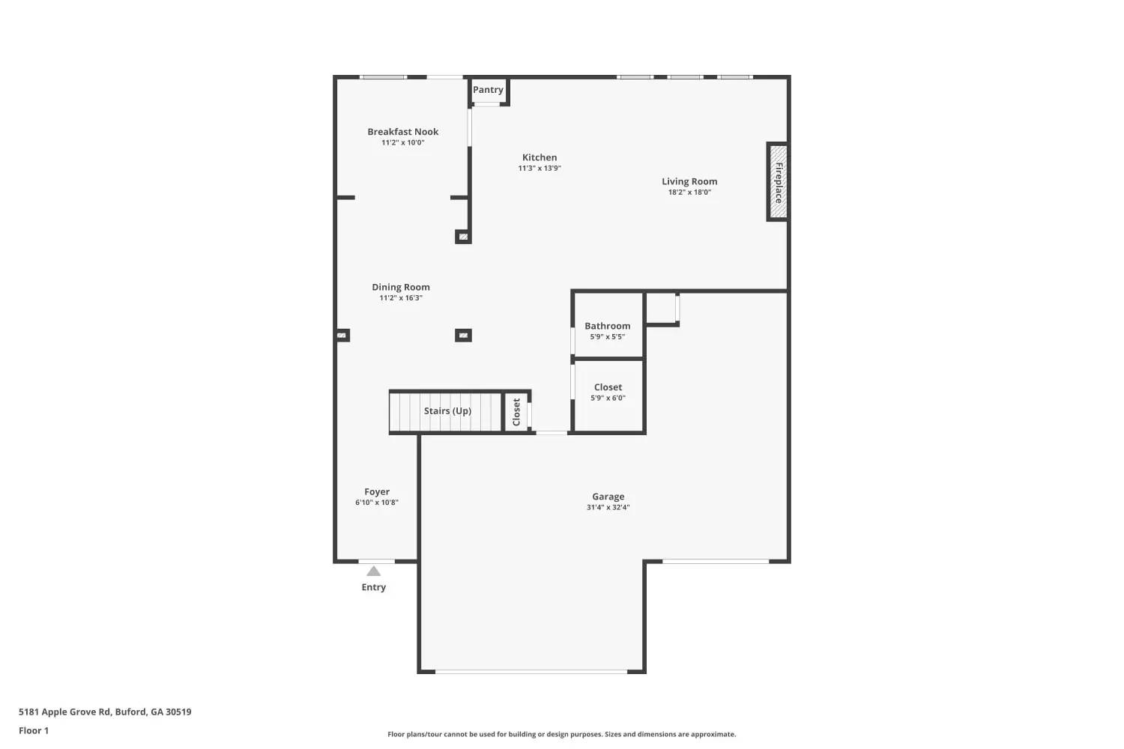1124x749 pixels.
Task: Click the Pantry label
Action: tap(488, 90)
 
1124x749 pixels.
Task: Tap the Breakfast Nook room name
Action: tap(402, 132)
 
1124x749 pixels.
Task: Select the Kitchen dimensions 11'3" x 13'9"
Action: tap(540, 169)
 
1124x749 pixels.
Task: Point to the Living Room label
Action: tap(689, 181)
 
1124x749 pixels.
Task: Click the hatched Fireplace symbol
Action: tap(779, 182)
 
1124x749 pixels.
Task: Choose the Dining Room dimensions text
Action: tap(401, 298)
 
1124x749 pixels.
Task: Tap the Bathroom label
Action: tap(607, 326)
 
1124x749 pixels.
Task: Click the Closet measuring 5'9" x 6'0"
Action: tap(608, 392)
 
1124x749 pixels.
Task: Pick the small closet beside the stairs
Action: tap(516, 412)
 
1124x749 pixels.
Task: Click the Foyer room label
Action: tap(377, 492)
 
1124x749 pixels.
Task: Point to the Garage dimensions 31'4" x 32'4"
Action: tap(608, 508)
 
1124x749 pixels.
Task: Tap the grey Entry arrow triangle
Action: tap(373, 571)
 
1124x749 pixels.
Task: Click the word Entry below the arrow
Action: tap(373, 587)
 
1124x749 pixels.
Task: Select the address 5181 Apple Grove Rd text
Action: tap(105, 712)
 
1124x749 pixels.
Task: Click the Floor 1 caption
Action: tap(34, 731)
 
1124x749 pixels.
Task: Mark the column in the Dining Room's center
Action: tap(463, 336)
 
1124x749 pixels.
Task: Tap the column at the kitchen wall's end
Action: tap(463, 237)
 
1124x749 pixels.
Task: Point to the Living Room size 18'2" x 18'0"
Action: tap(689, 192)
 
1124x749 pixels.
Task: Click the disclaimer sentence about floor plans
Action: tap(561, 735)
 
